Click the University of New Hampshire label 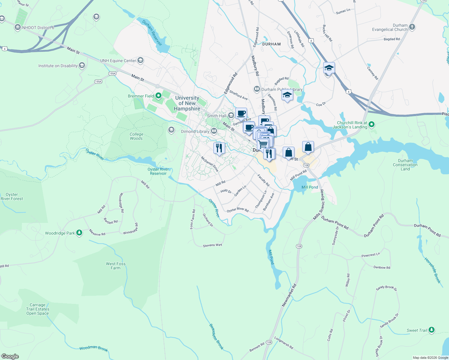point(187,103)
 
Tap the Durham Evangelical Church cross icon point(412,27)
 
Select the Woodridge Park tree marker point(79,233)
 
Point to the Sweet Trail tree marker point(432,330)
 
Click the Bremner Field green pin point(158,96)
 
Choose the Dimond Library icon point(214,131)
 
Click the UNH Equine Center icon point(140,60)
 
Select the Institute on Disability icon point(82,66)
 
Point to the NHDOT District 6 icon point(18,28)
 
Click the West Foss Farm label point(116,266)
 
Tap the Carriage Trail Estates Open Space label point(38,309)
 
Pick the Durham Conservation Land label point(405,165)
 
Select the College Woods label point(137,136)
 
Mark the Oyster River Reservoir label point(158,171)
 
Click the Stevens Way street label point(212,245)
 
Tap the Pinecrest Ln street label point(371,255)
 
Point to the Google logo point(10,356)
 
